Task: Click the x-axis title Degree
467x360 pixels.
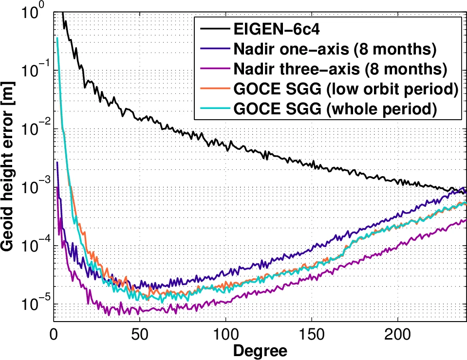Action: pos(260,350)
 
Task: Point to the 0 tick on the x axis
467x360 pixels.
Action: pos(54,334)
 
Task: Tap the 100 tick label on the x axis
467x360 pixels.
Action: pos(225,334)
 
